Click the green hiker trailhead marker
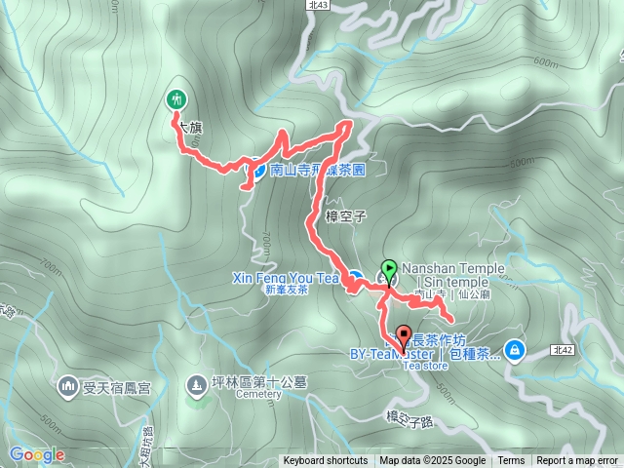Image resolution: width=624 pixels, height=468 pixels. pos(176,98)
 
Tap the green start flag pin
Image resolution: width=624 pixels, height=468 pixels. pos(389,270)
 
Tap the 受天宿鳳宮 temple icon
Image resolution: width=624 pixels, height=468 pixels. pos(68,385)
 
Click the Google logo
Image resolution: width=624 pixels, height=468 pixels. pos(36,454)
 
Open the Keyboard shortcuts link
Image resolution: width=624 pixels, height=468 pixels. pos(326,461)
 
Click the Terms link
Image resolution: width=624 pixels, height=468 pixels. pos(511,461)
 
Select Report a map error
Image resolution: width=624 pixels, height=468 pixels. pos(577,461)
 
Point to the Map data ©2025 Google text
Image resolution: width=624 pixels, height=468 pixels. pos(432,461)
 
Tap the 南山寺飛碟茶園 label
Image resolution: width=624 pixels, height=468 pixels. pos(317,169)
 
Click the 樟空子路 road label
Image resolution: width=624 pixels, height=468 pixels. pos(408,416)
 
